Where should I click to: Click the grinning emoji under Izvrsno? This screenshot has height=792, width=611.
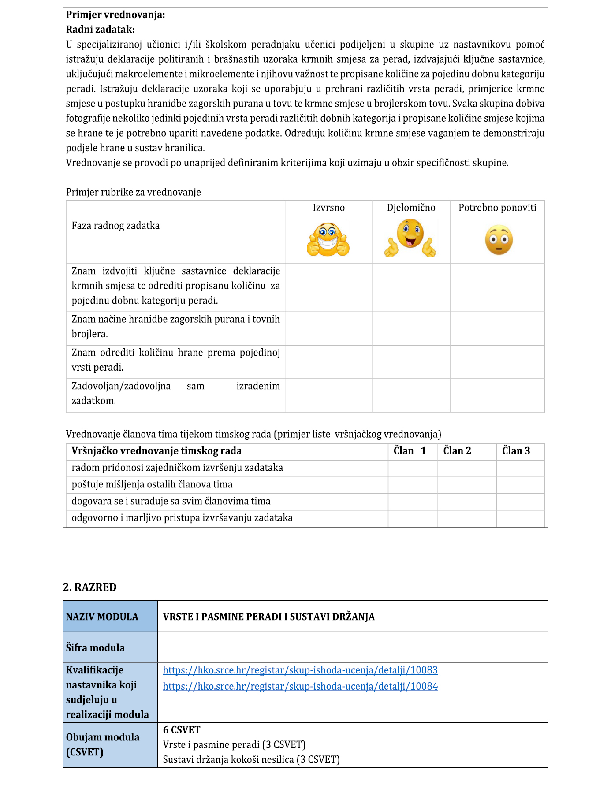point(328,240)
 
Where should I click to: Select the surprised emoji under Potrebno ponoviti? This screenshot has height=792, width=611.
point(499,240)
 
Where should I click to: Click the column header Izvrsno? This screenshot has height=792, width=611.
point(329,208)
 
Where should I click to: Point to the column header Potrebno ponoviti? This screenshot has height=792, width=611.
point(497,208)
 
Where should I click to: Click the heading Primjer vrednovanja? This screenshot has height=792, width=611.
point(115,15)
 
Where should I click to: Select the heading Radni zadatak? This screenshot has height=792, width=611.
point(100,30)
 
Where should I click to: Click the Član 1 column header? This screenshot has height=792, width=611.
point(410,451)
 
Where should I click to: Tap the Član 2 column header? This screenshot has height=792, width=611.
point(457,451)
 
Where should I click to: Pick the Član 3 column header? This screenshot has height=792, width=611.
point(516,451)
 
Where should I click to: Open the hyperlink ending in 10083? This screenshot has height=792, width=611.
point(300,670)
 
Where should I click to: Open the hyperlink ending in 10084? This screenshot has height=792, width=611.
point(300,687)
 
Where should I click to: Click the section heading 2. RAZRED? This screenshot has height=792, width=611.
point(89,587)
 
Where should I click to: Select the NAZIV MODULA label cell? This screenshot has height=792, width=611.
point(102,617)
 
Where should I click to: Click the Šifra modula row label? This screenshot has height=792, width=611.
point(95,648)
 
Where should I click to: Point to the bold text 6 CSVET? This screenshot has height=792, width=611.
point(182,730)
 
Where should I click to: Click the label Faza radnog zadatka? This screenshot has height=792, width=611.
point(115,226)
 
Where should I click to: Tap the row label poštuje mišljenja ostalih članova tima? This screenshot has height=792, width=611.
point(152,484)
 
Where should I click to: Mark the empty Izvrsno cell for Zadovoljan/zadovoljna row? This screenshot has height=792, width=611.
point(328,395)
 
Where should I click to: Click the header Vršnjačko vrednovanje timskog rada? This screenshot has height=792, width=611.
point(156,451)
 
